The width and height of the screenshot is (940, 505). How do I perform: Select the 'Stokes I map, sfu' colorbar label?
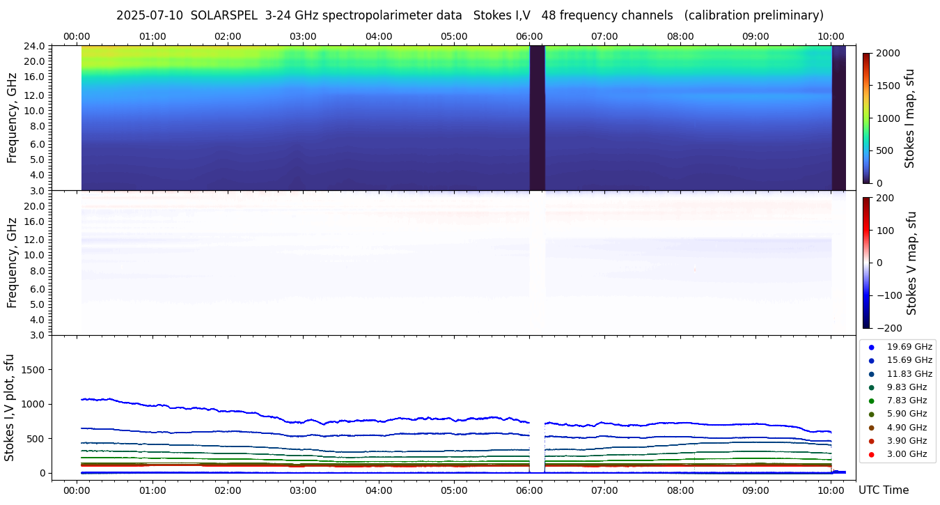click(x=910, y=118)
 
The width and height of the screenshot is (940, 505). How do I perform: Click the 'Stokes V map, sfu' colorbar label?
click(x=911, y=263)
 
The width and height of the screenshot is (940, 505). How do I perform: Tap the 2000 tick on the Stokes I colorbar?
click(x=888, y=54)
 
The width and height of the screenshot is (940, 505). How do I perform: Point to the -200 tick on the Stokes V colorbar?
click(x=890, y=328)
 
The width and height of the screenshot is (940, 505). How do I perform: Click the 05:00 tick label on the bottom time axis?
click(x=454, y=490)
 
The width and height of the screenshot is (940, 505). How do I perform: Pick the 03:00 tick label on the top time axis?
click(x=303, y=36)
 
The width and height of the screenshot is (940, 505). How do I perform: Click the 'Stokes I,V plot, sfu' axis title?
click(x=10, y=407)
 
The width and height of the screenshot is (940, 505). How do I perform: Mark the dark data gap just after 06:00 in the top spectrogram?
click(x=537, y=117)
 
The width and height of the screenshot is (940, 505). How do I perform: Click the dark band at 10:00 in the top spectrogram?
click(x=838, y=117)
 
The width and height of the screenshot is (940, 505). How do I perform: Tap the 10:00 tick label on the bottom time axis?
click(x=831, y=490)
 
